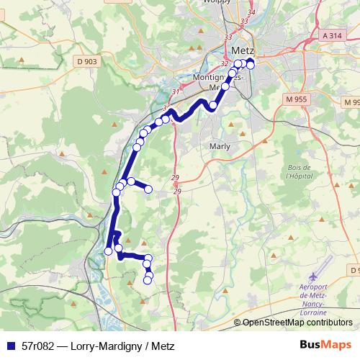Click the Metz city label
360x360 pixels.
coord(244,51)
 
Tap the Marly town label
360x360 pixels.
coord(219,145)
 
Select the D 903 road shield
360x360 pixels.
coord(86,63)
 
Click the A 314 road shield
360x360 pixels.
coord(333,35)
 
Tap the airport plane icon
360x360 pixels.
coord(313,276)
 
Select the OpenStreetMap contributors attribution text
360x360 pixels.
coord(294,323)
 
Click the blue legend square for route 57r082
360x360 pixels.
coord(10,346)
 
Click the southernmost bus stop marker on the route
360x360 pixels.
coord(148,280)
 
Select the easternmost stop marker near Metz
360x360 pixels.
coord(251,65)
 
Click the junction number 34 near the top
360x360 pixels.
coord(251,13)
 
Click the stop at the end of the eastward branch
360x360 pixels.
coord(149,189)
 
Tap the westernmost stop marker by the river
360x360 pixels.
coord(109,251)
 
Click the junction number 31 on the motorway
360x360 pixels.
coord(176,91)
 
